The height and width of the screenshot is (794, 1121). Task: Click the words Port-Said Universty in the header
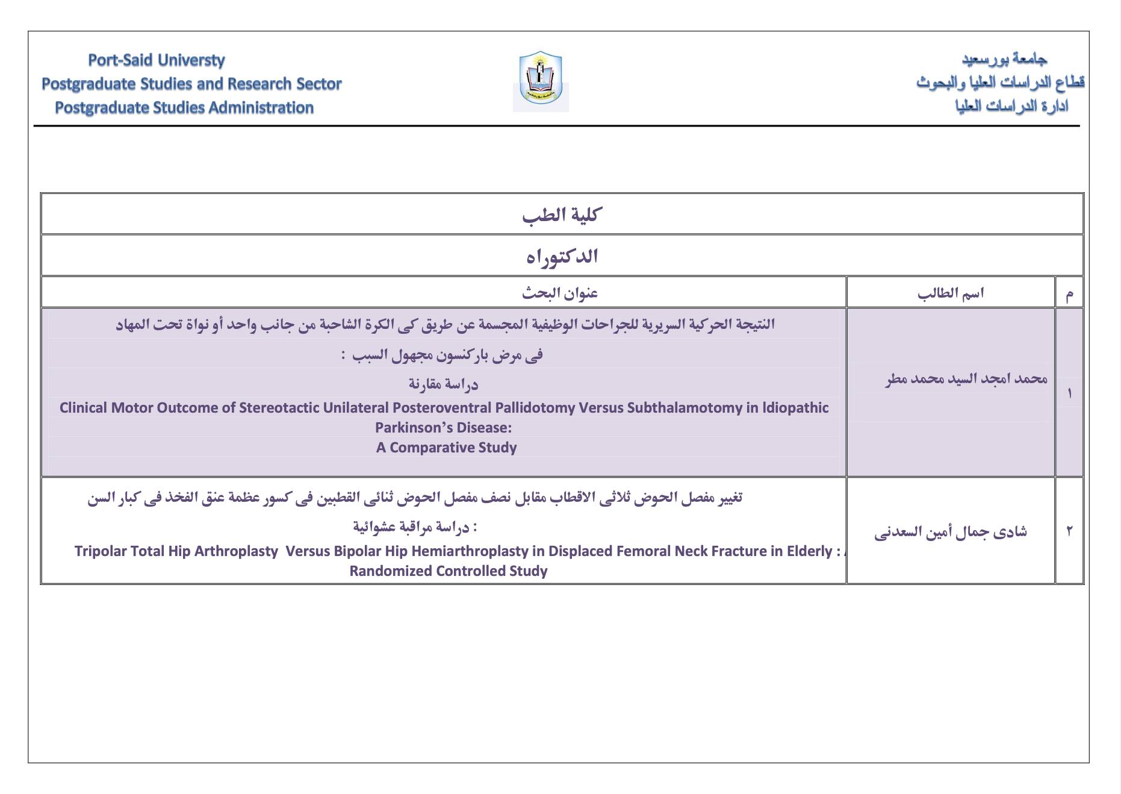(x=156, y=60)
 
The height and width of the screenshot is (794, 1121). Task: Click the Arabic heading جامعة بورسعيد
(x=1004, y=59)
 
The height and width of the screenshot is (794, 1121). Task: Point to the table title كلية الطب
(x=562, y=214)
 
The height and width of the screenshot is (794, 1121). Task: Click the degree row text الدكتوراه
(x=562, y=257)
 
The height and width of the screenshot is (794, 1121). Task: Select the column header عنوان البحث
(x=559, y=293)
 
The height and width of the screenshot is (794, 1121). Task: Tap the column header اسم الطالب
(x=950, y=293)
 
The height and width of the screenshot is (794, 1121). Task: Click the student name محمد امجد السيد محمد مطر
(x=966, y=379)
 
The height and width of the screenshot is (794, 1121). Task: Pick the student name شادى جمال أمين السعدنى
(x=950, y=532)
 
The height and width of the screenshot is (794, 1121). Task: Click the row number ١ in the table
(x=1069, y=393)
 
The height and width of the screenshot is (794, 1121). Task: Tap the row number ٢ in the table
(x=1069, y=531)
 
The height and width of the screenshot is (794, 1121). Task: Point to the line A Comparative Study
(x=446, y=448)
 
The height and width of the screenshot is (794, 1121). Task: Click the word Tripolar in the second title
(x=100, y=551)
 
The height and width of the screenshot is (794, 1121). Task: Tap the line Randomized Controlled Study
(x=448, y=571)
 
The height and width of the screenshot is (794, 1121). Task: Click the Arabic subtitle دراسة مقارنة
(x=443, y=384)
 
